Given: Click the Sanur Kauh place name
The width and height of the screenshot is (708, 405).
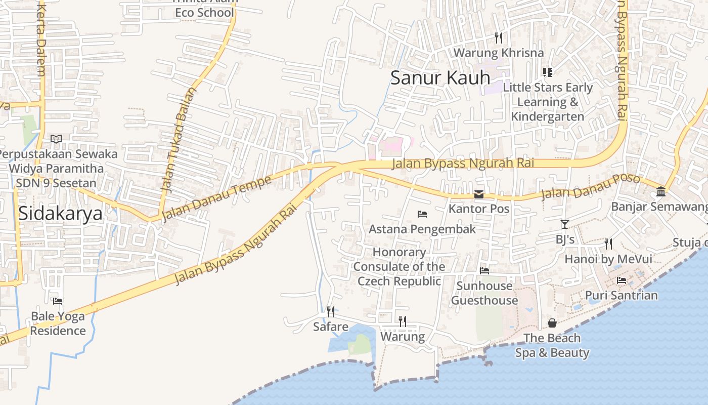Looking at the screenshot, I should pos(440,77).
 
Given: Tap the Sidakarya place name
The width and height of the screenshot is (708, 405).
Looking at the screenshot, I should pos(60,213).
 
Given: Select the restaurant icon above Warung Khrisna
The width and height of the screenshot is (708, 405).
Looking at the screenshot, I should pos(498,37).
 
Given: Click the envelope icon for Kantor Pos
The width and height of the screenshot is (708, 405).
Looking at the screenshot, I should pos(479,194).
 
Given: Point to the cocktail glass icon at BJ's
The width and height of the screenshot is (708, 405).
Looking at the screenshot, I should pos(565,224).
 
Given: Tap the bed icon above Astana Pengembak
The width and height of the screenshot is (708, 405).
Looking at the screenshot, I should pos(422,214).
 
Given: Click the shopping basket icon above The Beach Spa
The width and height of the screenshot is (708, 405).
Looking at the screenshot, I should pos(552,323).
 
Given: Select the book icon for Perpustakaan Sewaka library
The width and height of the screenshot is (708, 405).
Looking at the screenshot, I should pos(56,139).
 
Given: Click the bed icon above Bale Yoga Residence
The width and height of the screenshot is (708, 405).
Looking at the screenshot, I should pos(58,301).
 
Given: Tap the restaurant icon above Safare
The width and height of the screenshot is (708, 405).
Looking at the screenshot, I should pos(331,311).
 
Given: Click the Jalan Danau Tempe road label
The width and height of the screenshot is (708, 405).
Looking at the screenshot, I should pos(213,198).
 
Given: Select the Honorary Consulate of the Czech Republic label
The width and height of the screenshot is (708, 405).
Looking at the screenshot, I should pos(400,266).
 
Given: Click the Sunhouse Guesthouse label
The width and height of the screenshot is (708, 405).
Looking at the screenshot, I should pos(484,293).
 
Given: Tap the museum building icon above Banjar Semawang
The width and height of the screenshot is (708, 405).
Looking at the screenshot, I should pos(660,192).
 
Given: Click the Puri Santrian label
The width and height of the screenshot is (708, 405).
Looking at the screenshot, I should pos(621,295).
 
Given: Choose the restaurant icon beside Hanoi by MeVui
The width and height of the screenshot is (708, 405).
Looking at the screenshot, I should pos(608,244).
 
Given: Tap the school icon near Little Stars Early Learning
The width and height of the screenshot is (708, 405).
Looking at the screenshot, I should pos(547,72).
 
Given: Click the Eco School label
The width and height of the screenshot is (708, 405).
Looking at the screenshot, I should pos(204,12).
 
